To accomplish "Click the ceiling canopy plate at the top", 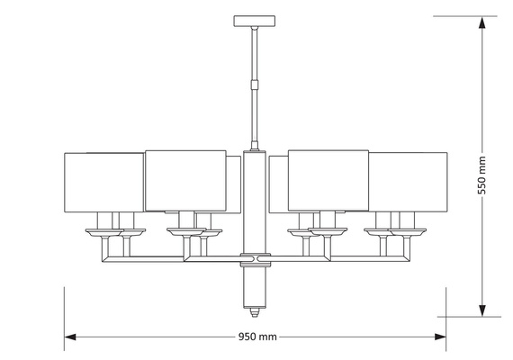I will tap(256, 20).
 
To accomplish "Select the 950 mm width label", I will tap(257, 337).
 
